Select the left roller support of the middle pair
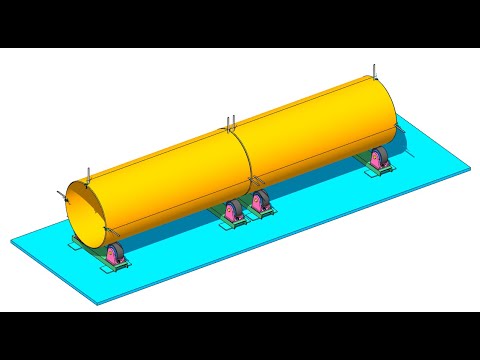click(x=233, y=212)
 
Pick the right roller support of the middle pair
click(x=262, y=204)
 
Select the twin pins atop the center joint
click(x=229, y=124)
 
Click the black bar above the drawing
click(x=240, y=23)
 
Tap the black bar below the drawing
click(x=240, y=336)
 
